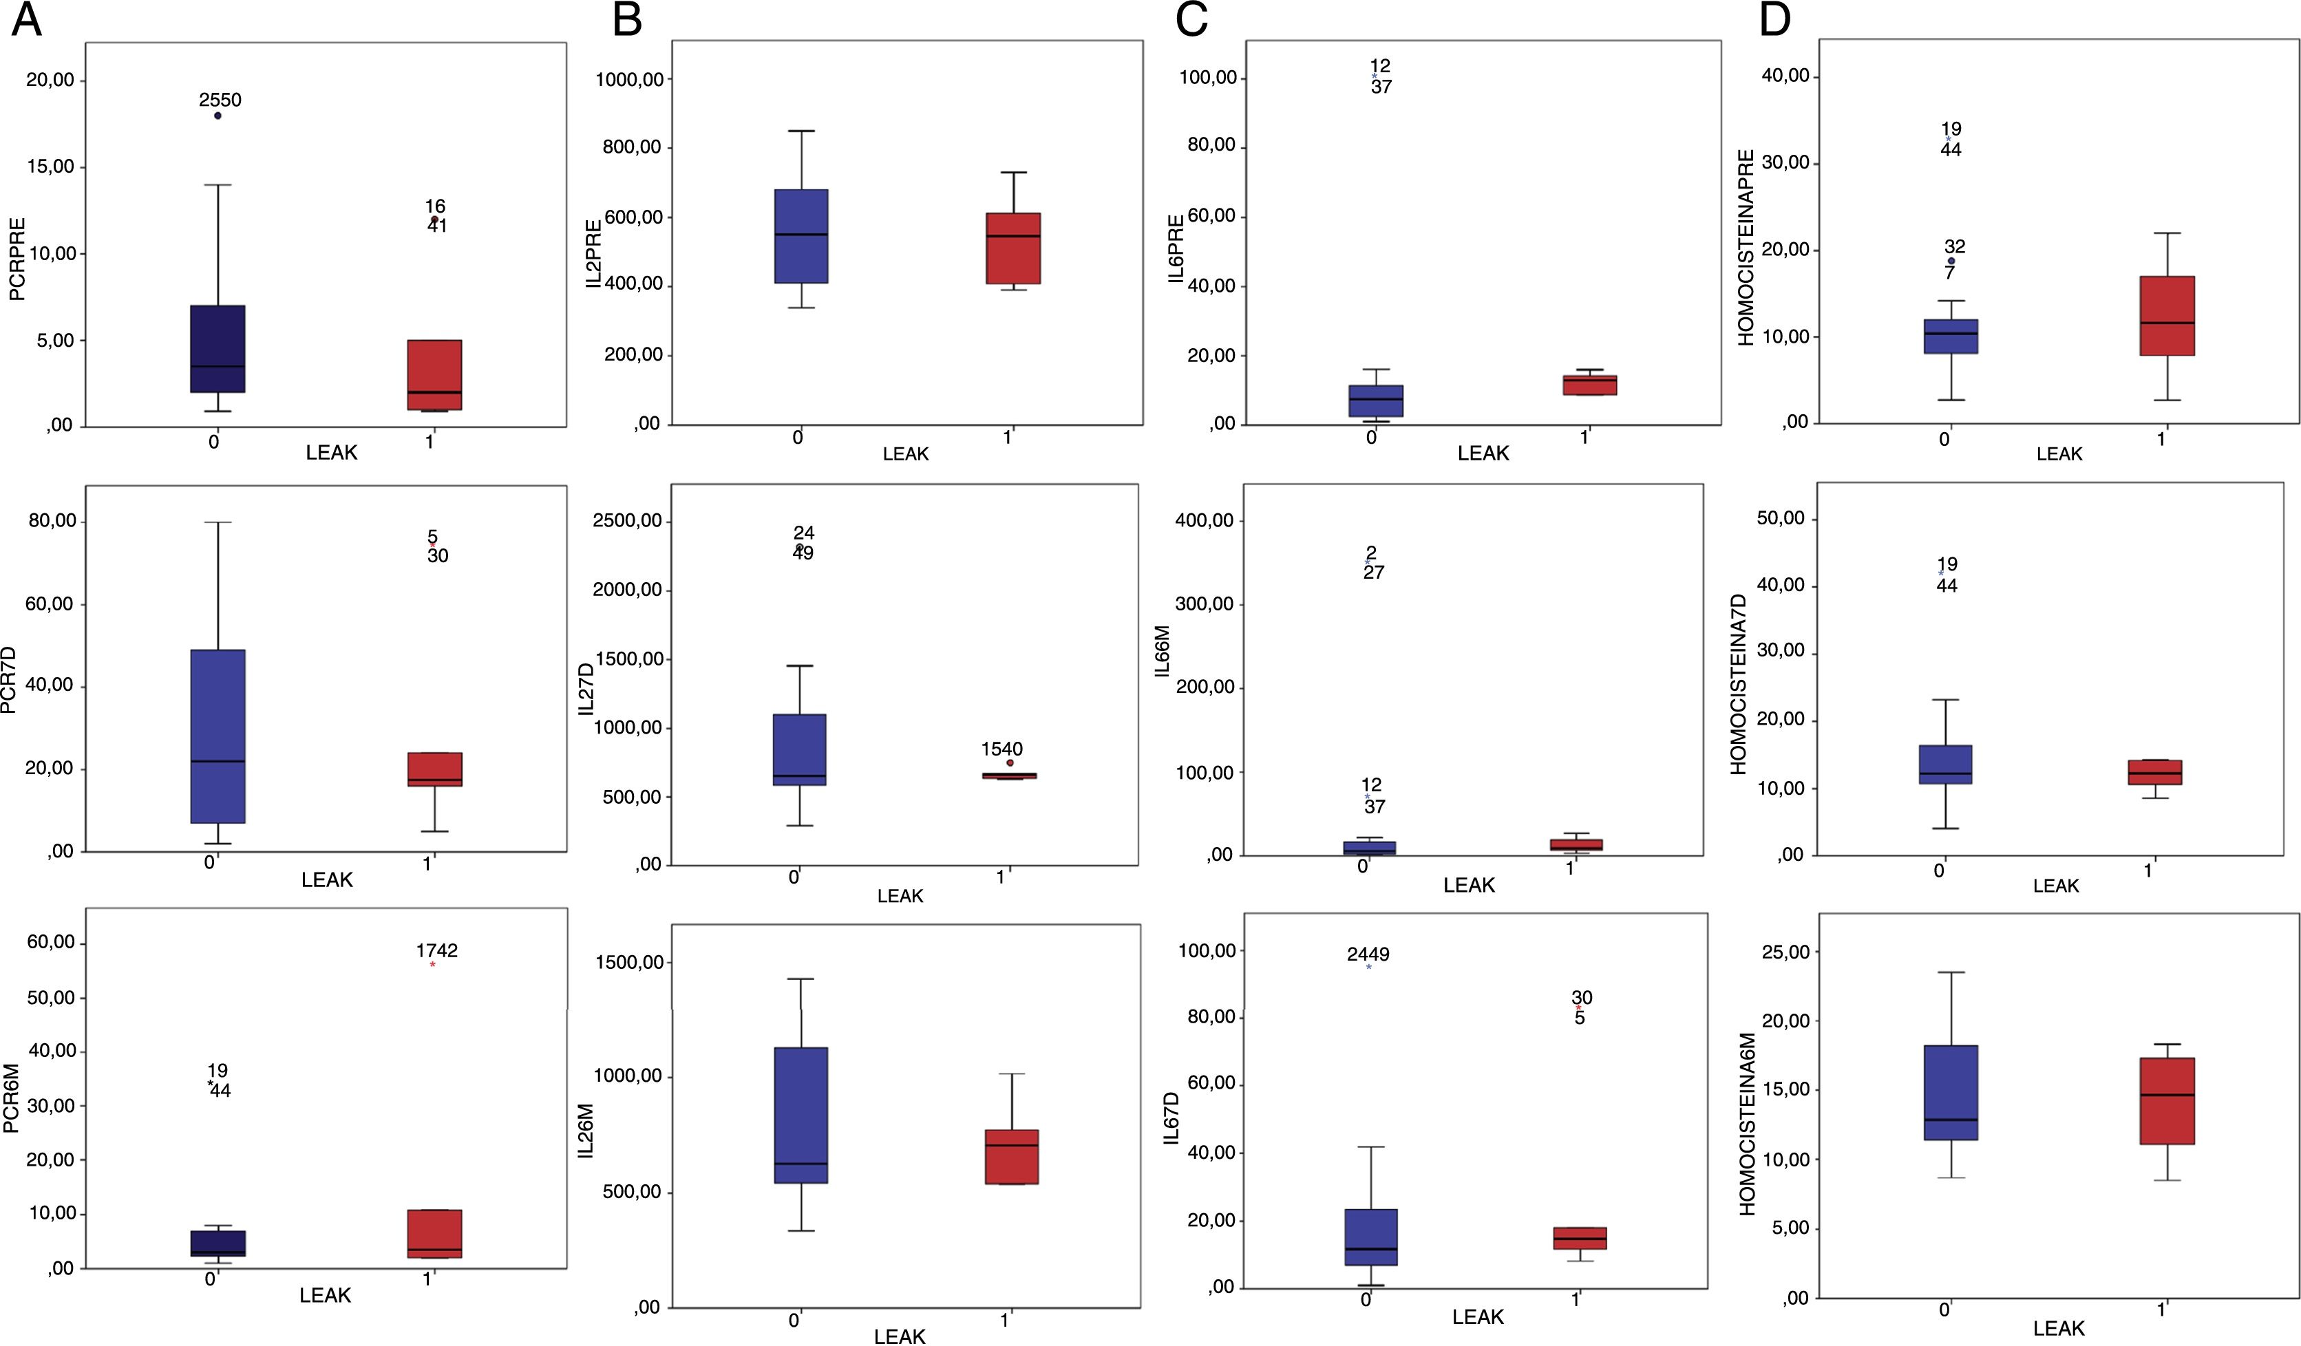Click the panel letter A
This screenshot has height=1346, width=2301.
click(26, 20)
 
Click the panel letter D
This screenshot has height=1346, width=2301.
click(1774, 20)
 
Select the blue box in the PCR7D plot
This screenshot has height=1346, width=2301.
click(218, 736)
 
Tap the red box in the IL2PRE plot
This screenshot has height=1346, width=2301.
click(1012, 248)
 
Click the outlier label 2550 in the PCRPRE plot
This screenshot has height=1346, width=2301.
click(220, 100)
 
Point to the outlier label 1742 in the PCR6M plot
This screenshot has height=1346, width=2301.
click(436, 950)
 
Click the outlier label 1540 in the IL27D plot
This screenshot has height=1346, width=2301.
click(1001, 749)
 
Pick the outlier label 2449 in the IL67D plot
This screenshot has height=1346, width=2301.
click(1368, 954)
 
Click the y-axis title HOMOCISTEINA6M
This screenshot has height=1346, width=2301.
click(1748, 1123)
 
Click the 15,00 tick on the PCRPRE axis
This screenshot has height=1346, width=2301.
click(50, 167)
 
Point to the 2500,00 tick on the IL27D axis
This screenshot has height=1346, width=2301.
click(626, 520)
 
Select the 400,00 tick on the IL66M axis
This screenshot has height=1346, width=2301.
click(1203, 520)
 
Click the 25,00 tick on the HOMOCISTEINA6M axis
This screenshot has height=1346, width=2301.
click(1785, 952)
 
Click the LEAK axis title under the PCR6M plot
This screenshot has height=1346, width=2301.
click(325, 1295)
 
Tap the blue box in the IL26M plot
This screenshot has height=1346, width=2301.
click(800, 1115)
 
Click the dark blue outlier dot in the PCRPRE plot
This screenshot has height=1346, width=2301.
click(218, 115)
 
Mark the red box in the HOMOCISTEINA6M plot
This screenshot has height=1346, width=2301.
click(2167, 1100)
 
